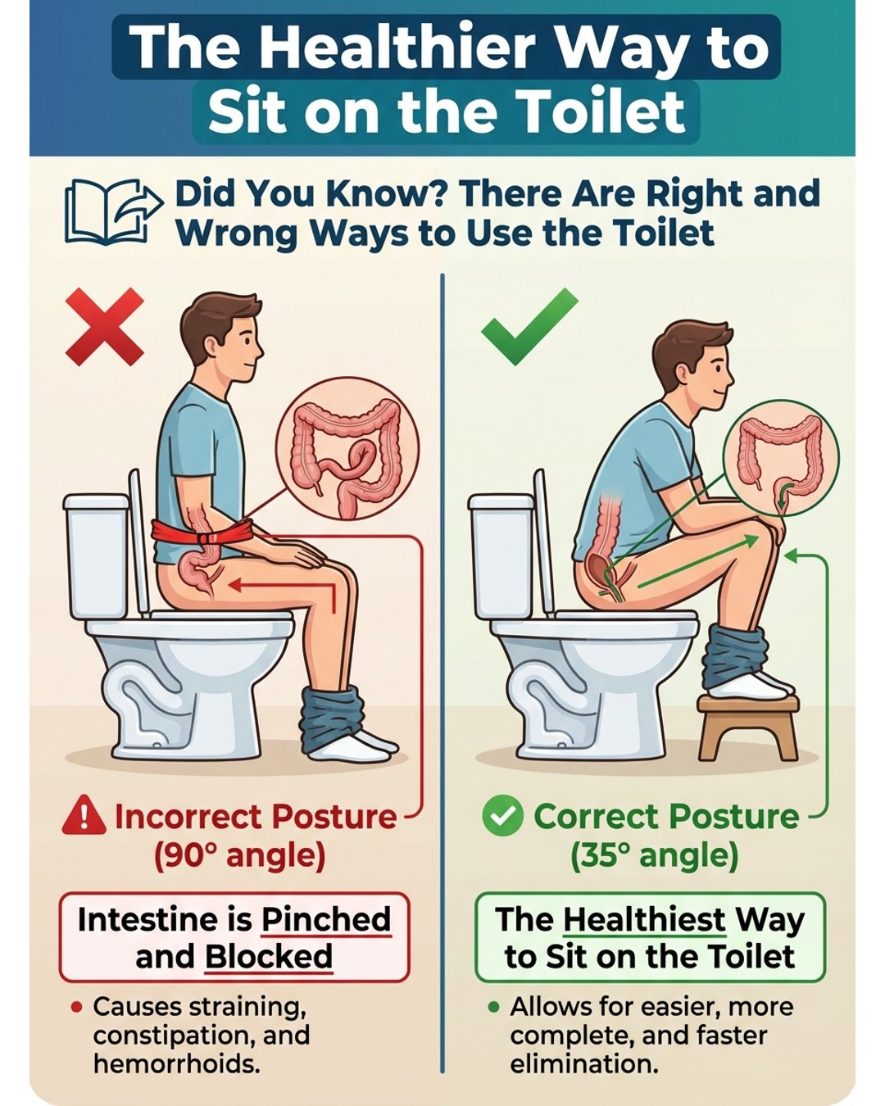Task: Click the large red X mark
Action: [x=105, y=327]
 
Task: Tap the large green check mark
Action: [x=529, y=327]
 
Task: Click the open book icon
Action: [x=114, y=211]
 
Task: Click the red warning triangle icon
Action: [x=84, y=815]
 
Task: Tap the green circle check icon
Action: [x=503, y=815]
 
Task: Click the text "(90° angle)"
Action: [x=240, y=856]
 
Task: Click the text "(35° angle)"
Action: [x=655, y=856]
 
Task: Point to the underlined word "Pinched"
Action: [x=326, y=920]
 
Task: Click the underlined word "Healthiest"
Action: [x=644, y=919]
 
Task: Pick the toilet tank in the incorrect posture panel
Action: [x=96, y=556]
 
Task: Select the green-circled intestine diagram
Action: [x=781, y=458]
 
